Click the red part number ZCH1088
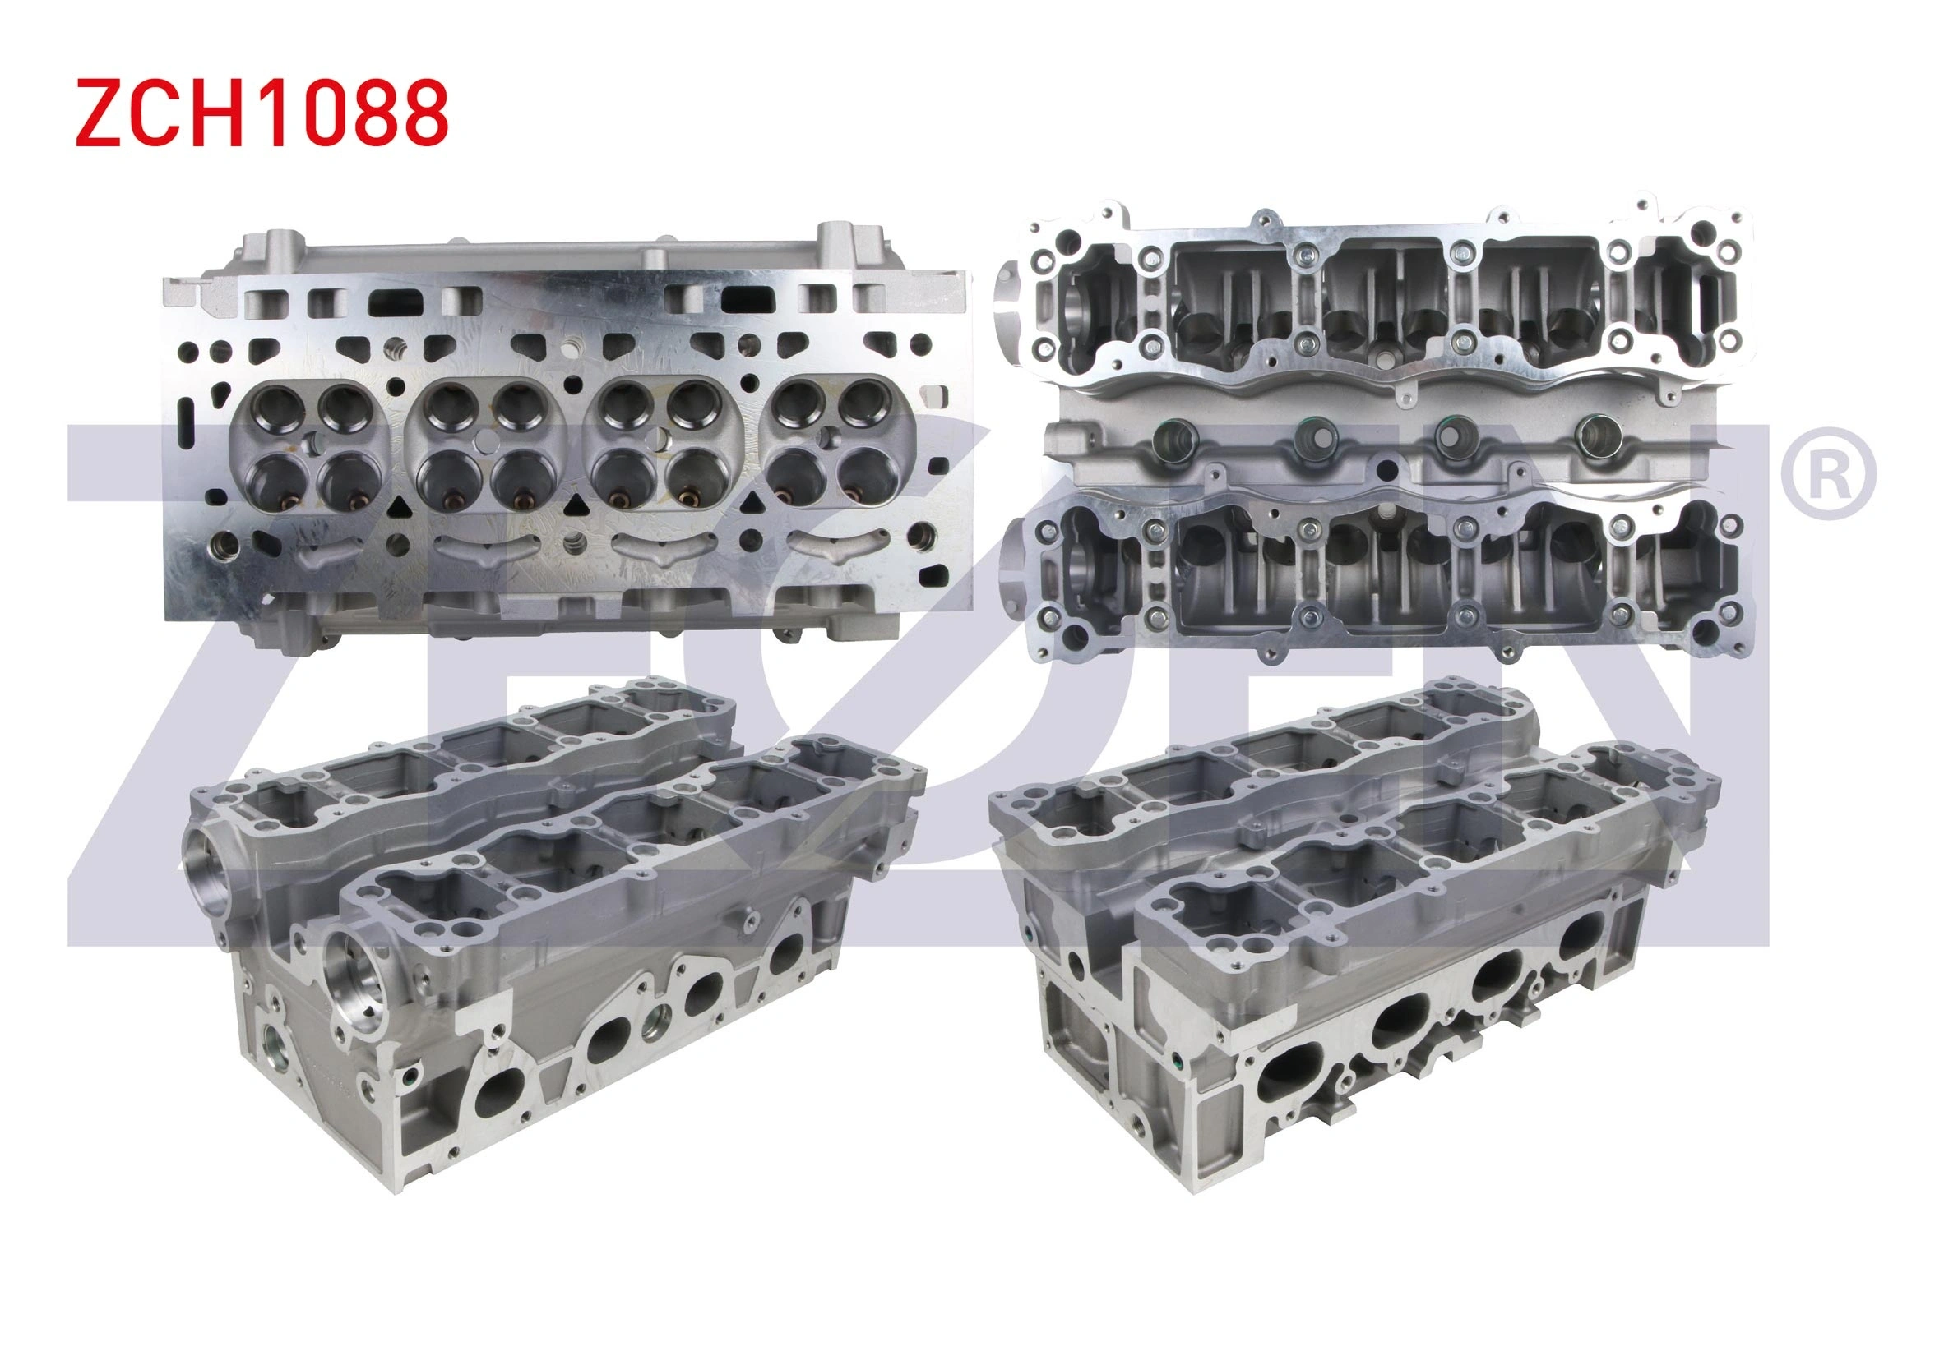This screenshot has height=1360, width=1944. click(x=262, y=113)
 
